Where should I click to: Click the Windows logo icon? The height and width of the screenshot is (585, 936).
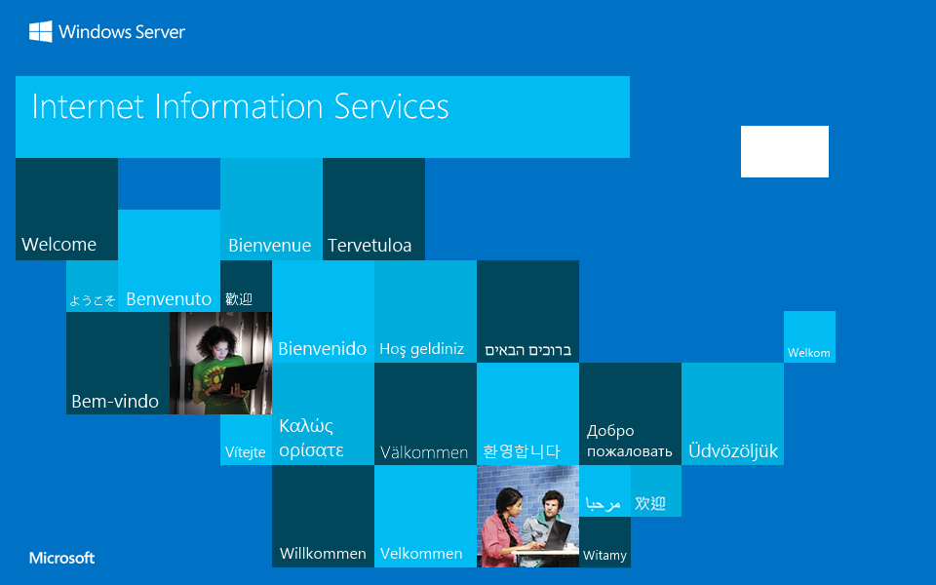(x=40, y=32)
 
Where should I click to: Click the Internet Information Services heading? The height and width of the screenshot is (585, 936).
(x=240, y=106)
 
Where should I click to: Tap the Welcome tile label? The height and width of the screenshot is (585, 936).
(x=59, y=245)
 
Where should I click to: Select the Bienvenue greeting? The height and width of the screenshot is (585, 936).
(x=269, y=246)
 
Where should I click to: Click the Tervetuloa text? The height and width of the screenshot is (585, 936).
(x=370, y=246)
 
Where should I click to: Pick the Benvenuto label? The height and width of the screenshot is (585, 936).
(x=169, y=299)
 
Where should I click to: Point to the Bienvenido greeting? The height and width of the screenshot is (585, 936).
(x=323, y=348)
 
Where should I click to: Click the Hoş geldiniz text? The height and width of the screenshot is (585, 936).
(x=421, y=349)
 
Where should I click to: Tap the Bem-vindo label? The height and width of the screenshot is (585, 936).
(x=115, y=401)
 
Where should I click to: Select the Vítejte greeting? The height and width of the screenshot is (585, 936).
(x=246, y=452)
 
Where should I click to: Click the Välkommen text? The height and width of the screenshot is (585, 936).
(x=424, y=452)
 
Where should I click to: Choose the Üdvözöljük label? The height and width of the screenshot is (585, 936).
(x=733, y=451)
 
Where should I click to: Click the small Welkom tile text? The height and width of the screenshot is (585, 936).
(x=809, y=353)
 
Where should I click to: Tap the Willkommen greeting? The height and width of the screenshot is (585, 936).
(x=323, y=554)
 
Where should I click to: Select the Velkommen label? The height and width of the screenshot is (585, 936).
(x=421, y=554)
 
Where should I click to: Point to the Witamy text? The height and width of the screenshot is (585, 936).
(x=604, y=556)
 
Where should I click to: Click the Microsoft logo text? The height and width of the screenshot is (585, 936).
(x=62, y=559)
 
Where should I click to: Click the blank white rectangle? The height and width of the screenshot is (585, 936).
(x=784, y=151)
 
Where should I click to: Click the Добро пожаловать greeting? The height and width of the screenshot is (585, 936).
(x=629, y=441)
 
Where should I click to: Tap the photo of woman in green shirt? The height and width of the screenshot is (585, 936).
(x=220, y=363)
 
